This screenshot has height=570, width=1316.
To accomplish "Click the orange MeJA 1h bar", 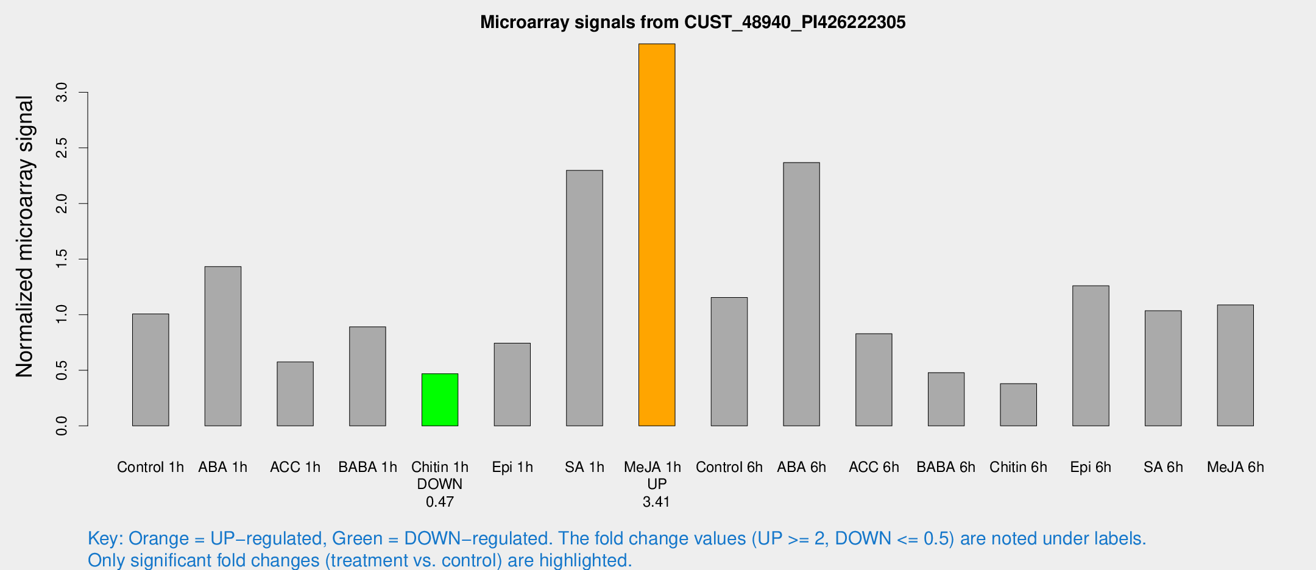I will pos(657,234).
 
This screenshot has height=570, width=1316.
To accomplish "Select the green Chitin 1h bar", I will pos(440,399).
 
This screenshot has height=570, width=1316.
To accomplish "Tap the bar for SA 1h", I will pos(584,298).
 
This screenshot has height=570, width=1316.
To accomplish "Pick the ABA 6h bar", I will pos(801,294).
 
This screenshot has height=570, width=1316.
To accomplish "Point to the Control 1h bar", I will pos(150,370).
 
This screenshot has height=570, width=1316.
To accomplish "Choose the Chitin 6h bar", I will pos(1018,404).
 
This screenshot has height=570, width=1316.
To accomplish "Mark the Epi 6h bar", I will pos(1091,356).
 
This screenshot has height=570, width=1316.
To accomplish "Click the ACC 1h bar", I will pos(295,393).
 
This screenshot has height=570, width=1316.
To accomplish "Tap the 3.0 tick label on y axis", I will pos(62,93).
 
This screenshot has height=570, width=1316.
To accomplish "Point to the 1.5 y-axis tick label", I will pos(62,259).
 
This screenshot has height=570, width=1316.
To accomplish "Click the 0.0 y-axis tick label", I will pos(62,426).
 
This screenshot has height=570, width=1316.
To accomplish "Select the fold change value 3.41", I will pos(656,502).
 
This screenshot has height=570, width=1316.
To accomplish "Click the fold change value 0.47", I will pos(440,502).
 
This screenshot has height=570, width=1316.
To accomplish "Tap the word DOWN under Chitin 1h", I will pos(440,484).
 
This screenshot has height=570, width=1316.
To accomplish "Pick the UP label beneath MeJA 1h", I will pos(657,484).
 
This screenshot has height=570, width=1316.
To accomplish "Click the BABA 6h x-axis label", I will pos(946,467).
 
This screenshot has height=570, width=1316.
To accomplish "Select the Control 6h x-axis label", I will pos(729,467).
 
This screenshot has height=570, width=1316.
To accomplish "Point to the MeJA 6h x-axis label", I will pos(1235,467).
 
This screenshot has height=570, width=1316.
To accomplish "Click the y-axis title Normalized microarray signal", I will pos(24,236).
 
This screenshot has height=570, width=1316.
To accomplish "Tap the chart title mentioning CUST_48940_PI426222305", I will pos(693,23).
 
